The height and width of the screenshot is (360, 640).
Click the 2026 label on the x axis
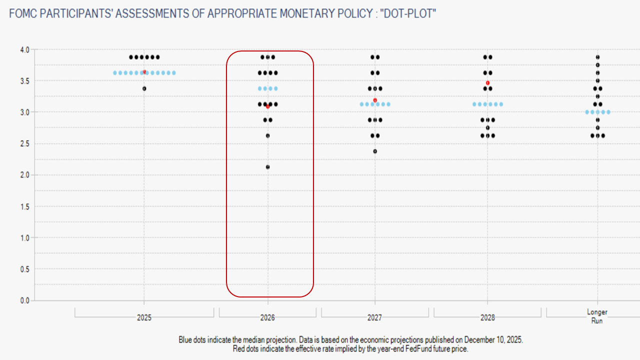click(x=267, y=317)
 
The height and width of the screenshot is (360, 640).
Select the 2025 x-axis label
click(x=144, y=317)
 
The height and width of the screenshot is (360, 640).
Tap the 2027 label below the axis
click(x=375, y=317)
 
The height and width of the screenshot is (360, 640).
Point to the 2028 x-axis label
click(x=487, y=317)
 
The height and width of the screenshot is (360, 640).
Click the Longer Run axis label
click(x=597, y=316)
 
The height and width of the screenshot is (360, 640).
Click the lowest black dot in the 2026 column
click(x=267, y=167)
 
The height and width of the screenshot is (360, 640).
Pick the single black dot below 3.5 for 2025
click(x=144, y=88)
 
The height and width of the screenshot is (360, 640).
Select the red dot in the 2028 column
click(x=487, y=82)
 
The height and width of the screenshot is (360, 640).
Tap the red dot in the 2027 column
click(x=375, y=100)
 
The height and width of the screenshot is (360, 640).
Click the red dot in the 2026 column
click(x=267, y=106)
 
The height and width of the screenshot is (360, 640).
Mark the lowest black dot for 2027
click(x=375, y=151)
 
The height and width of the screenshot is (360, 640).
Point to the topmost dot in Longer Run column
click(x=597, y=57)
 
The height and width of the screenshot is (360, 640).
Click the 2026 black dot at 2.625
click(x=267, y=135)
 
